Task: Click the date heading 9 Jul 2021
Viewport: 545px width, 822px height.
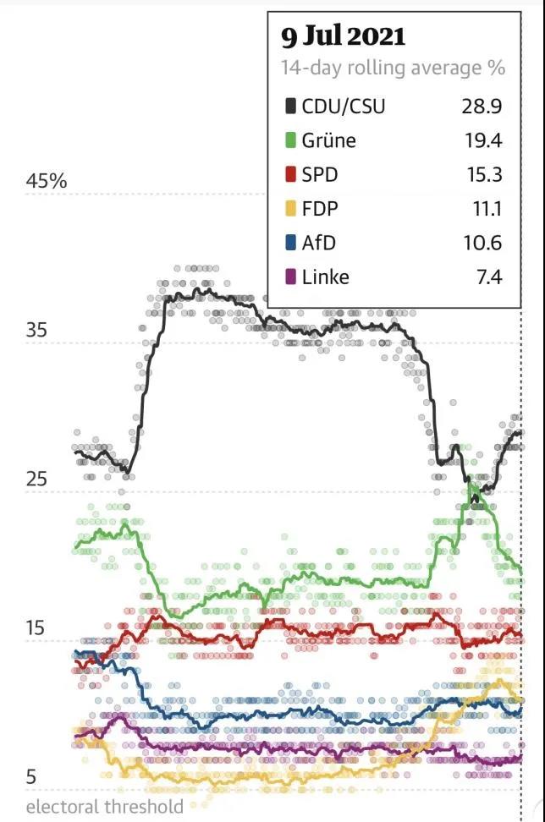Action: click(x=344, y=36)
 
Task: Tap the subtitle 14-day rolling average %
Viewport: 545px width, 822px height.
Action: click(x=393, y=68)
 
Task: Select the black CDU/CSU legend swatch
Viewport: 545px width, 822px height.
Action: click(x=290, y=107)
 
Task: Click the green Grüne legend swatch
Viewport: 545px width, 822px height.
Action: click(x=290, y=140)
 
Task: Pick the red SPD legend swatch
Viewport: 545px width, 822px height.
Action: click(x=290, y=175)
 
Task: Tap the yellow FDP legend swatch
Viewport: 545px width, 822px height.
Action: click(x=290, y=209)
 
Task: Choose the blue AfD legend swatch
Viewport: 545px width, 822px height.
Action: click(x=290, y=243)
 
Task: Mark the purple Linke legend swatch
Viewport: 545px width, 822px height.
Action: click(x=290, y=277)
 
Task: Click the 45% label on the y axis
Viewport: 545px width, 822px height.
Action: click(x=47, y=182)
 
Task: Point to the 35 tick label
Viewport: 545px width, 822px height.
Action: click(x=36, y=331)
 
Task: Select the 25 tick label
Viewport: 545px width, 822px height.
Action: click(x=36, y=479)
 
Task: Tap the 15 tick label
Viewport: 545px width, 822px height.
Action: click(x=36, y=628)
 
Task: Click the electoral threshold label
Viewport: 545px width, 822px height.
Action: click(x=105, y=807)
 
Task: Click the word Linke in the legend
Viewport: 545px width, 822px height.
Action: click(x=326, y=277)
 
